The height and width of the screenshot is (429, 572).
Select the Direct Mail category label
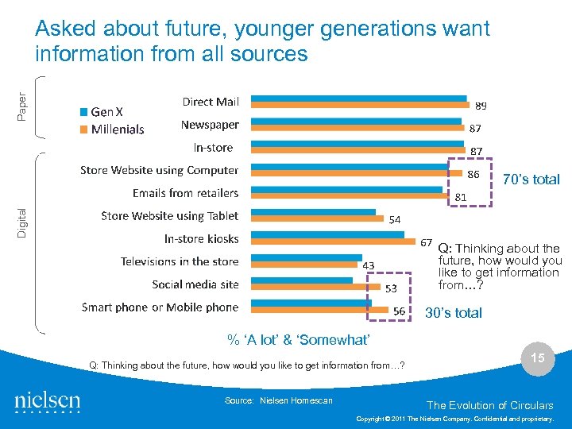(211, 102)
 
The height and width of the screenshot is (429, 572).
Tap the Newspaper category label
(210, 125)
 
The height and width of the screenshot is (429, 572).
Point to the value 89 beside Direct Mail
(481, 106)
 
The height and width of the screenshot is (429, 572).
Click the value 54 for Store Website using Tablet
(394, 220)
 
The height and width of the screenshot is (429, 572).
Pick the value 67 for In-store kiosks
(427, 242)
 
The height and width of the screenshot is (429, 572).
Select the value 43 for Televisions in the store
(369, 265)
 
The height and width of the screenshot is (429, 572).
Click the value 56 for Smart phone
(400, 311)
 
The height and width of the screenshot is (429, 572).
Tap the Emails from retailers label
(185, 193)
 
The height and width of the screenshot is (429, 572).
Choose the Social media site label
(195, 284)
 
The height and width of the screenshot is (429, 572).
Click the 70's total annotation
(531, 180)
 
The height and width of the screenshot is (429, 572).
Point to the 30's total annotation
(454, 313)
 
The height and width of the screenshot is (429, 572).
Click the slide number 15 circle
(538, 359)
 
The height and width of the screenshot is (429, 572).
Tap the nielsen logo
(47, 402)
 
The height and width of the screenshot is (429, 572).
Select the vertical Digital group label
(22, 214)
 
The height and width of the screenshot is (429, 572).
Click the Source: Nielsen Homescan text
(279, 400)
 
